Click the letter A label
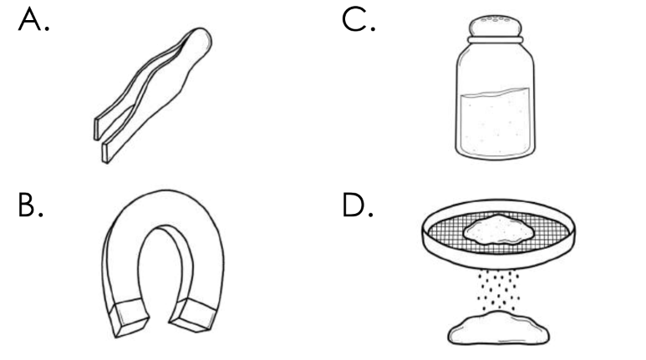click(x=33, y=20)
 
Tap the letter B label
click(x=30, y=205)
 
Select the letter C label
click(x=358, y=20)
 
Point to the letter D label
click(x=358, y=205)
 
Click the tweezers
click(x=153, y=95)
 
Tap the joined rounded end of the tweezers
click(x=200, y=40)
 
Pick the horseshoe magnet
click(x=163, y=264)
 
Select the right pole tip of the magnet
click(x=194, y=315)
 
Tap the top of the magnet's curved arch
click(x=165, y=192)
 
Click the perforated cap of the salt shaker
click(x=496, y=26)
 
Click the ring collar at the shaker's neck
click(x=496, y=39)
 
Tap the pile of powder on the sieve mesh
click(x=499, y=229)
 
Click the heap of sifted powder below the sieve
click(x=499, y=328)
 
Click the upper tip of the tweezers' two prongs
click(x=97, y=129)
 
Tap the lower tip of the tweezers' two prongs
click(x=105, y=152)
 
